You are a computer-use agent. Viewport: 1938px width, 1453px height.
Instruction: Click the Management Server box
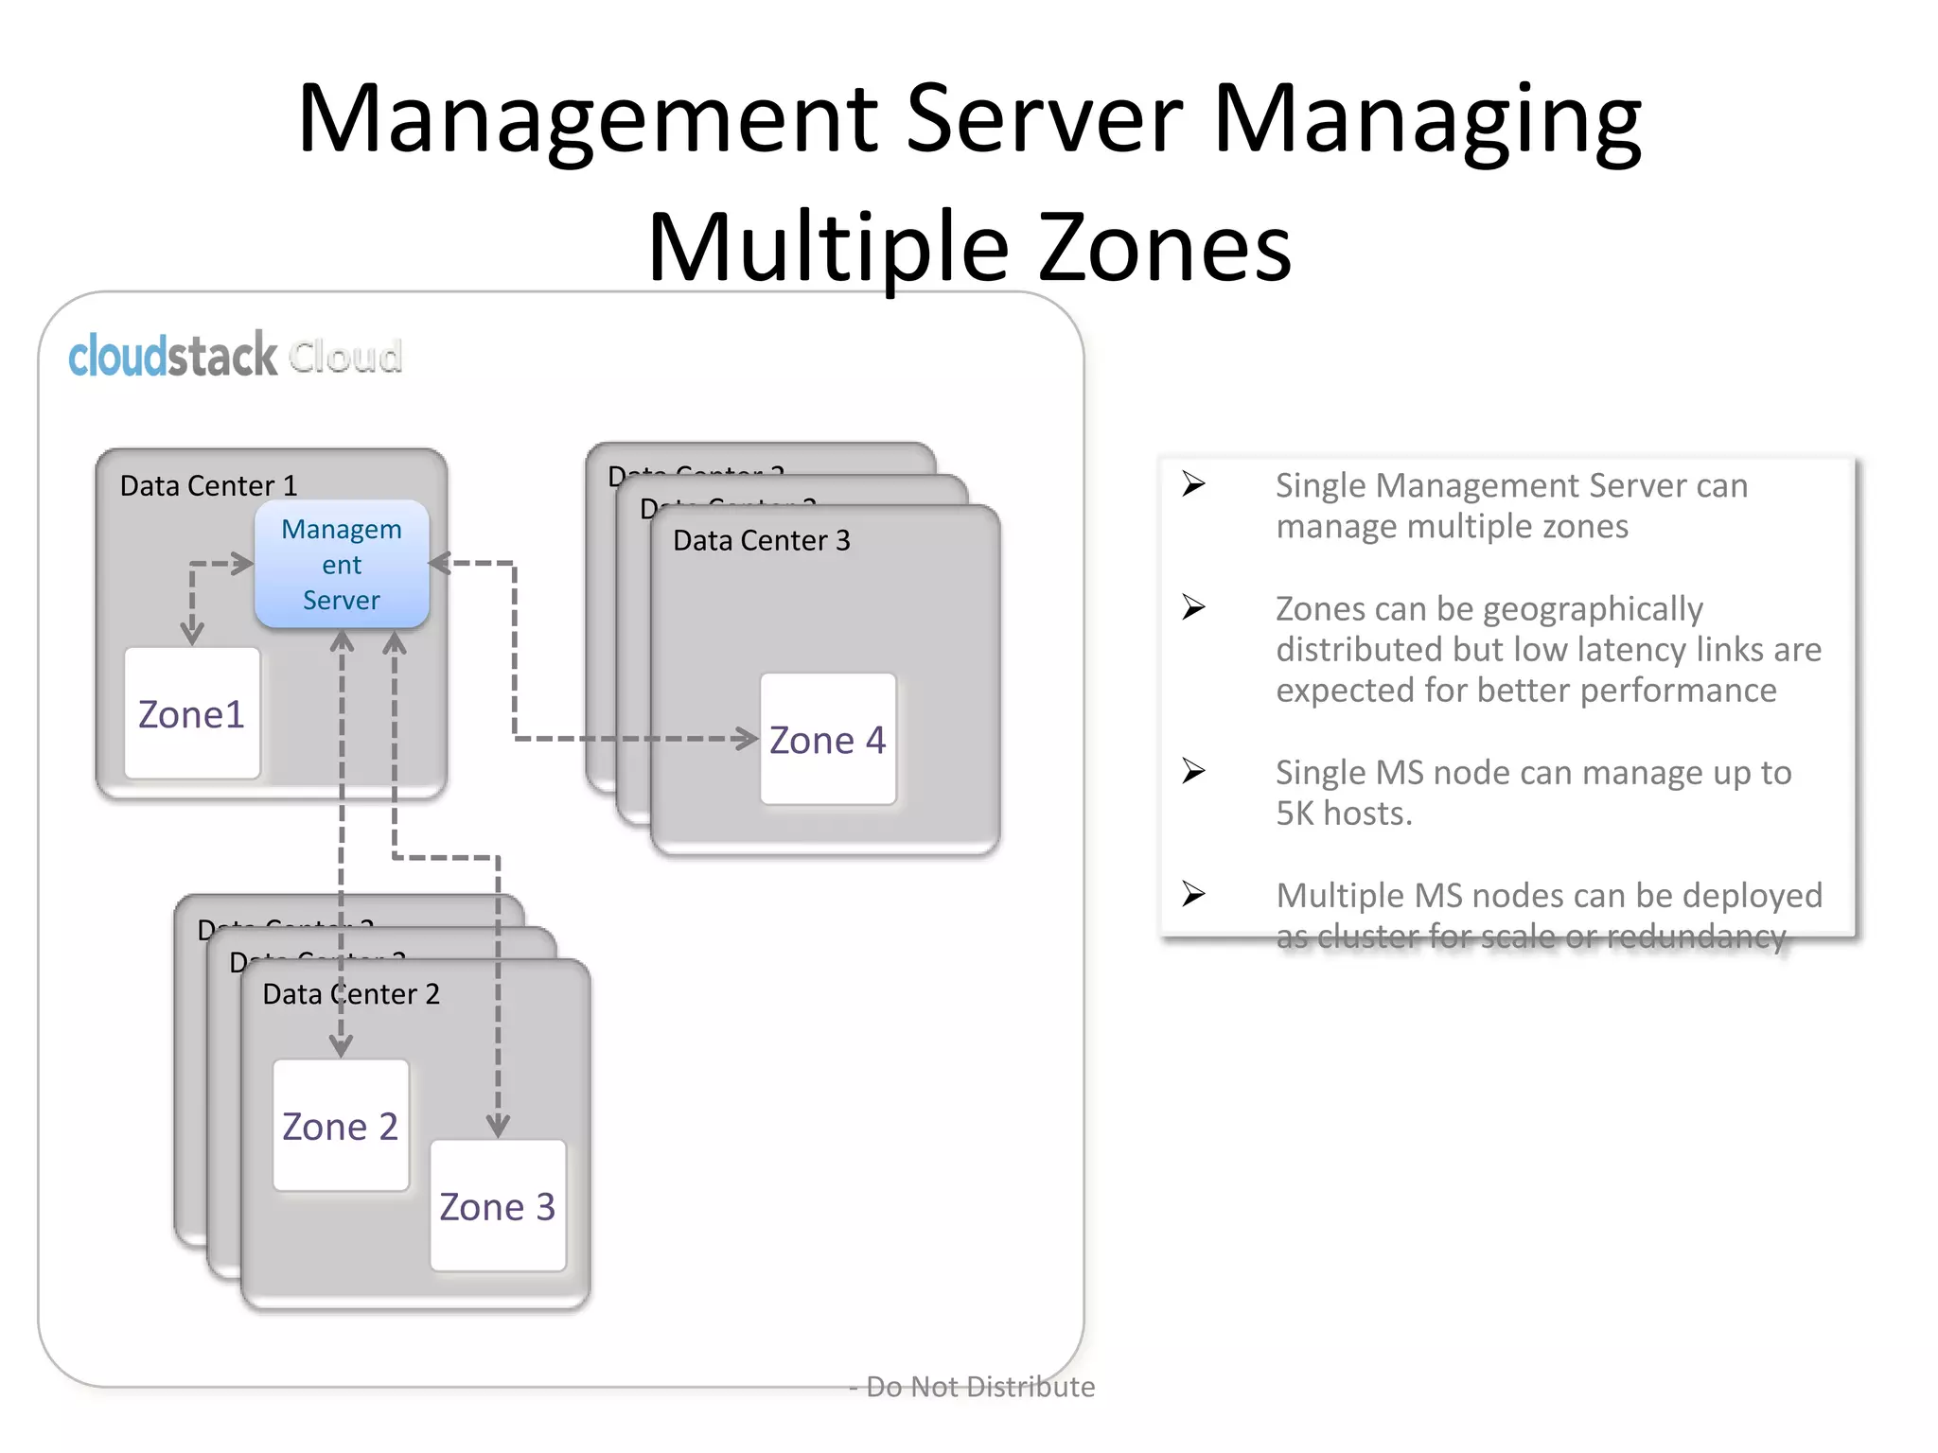tap(342, 565)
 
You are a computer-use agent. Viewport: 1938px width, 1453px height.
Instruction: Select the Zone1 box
tap(192, 714)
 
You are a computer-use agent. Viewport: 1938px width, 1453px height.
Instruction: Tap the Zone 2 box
tap(341, 1126)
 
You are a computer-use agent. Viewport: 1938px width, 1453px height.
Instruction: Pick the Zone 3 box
tap(498, 1206)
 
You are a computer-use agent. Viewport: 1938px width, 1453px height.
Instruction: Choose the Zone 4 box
tap(828, 740)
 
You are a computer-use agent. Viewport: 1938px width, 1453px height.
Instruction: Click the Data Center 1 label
tap(208, 486)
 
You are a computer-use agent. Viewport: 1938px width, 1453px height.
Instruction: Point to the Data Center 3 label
tap(762, 541)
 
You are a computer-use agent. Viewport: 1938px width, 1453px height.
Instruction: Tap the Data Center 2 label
tap(351, 994)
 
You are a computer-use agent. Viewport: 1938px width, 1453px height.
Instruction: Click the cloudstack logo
tap(173, 357)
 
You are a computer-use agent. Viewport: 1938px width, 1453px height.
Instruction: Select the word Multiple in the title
tap(829, 248)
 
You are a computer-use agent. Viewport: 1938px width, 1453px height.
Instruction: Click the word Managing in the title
tap(1427, 121)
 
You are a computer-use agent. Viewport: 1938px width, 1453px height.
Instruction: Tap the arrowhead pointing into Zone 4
tap(748, 738)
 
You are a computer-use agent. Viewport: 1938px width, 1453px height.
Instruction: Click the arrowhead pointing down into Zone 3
tap(498, 1126)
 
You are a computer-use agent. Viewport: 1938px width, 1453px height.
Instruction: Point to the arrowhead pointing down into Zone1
tap(192, 632)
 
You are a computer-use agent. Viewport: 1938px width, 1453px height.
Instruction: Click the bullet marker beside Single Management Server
tap(1193, 484)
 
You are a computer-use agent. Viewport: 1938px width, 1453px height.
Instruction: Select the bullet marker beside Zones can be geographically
tap(1193, 607)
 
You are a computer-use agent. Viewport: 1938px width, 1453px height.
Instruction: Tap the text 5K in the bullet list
tap(1295, 814)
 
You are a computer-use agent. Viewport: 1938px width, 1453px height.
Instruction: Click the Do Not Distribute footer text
tap(979, 1387)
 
